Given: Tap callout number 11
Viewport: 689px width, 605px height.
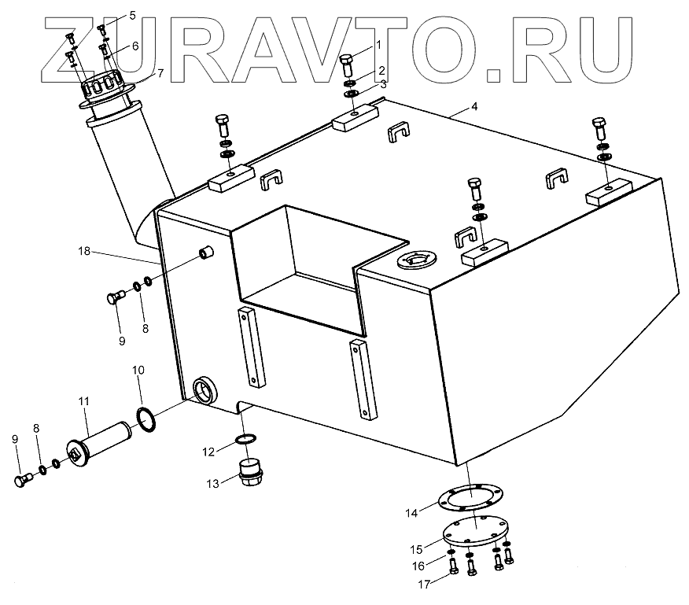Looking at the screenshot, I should pyautogui.click(x=83, y=402).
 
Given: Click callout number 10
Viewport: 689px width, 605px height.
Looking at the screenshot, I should pyautogui.click(x=138, y=369).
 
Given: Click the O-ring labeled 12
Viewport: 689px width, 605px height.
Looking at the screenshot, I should pyautogui.click(x=246, y=439).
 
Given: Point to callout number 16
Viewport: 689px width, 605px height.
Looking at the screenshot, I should pyautogui.click(x=419, y=566).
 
